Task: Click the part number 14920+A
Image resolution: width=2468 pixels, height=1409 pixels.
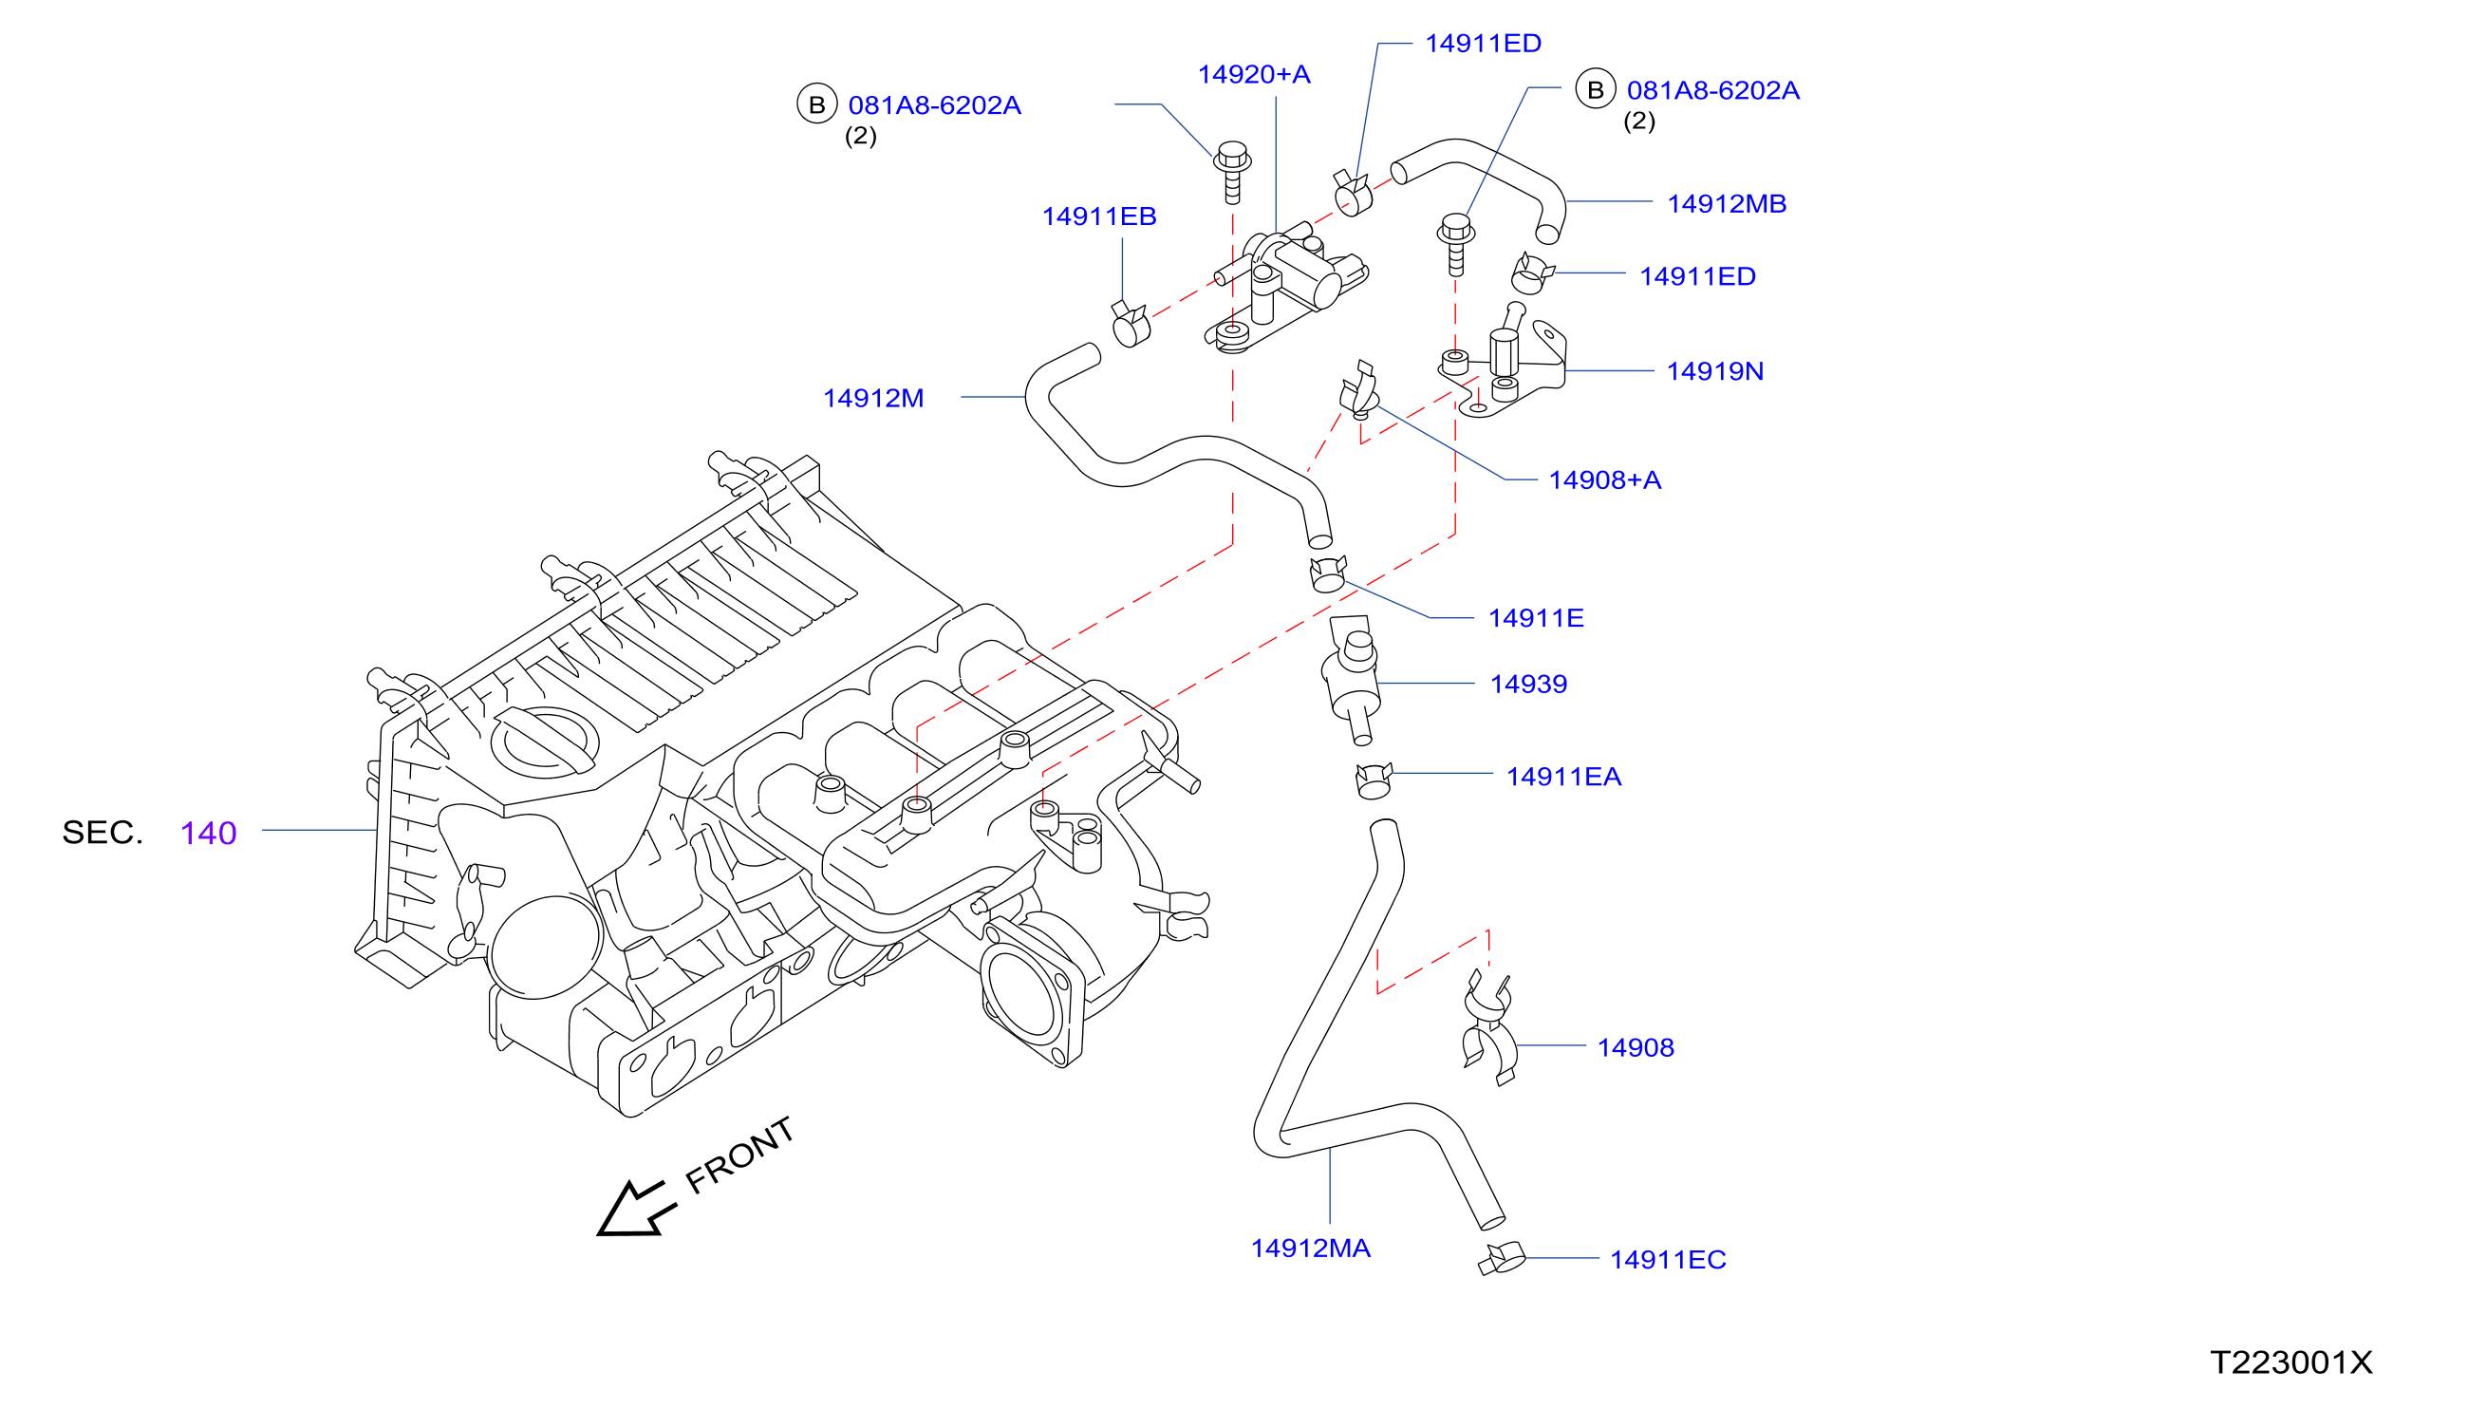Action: click(1253, 74)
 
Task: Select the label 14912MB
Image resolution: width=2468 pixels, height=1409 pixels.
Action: click(1726, 204)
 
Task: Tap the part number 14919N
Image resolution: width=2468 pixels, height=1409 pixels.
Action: click(1714, 371)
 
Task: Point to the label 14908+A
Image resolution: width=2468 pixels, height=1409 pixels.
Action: click(1604, 480)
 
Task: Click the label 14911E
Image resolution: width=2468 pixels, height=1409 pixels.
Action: click(1535, 618)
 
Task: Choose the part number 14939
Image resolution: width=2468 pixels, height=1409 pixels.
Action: click(1527, 685)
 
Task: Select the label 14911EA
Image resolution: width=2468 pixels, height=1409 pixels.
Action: click(1563, 777)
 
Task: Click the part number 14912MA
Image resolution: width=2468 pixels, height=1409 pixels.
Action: click(1310, 1249)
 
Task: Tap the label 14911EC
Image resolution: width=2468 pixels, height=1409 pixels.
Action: click(1667, 1260)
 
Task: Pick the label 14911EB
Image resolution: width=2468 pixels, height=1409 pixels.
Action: click(1098, 216)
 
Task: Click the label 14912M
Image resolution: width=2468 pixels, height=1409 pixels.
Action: click(872, 399)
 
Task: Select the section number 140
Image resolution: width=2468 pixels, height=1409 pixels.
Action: click(208, 834)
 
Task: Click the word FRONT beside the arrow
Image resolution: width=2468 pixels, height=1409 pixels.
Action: click(739, 1155)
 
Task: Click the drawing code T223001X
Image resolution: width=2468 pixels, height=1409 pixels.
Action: click(2290, 1363)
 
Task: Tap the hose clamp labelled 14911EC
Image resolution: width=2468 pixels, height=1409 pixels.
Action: click(1502, 1259)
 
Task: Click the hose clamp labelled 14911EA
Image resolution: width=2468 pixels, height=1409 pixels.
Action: click(1373, 780)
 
